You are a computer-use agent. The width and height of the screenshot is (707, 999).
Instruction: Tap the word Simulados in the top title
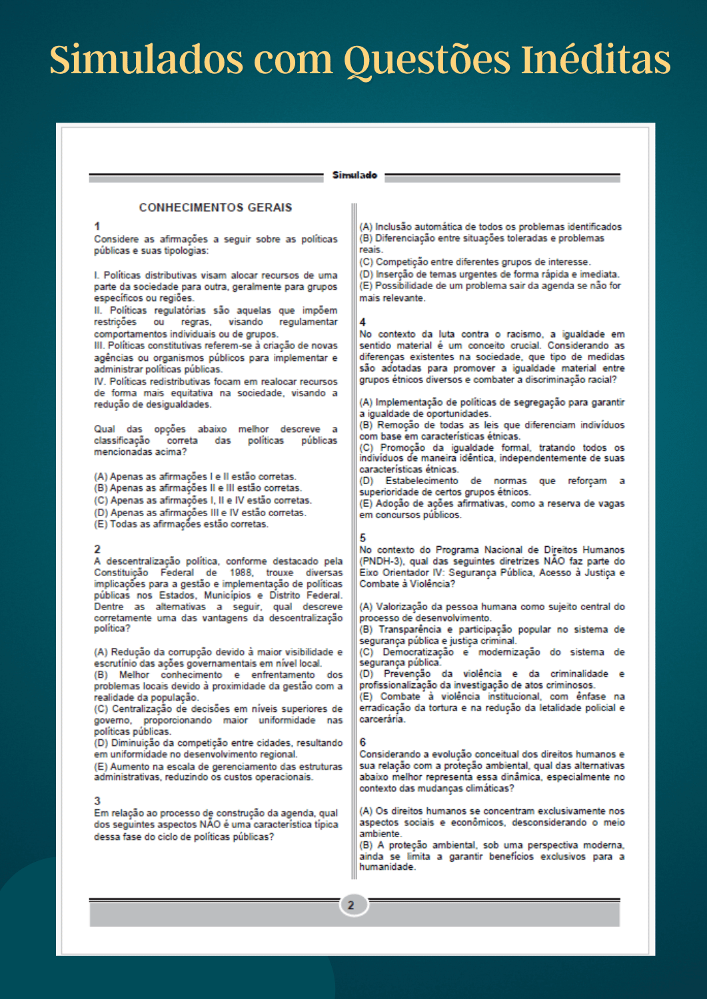(146, 60)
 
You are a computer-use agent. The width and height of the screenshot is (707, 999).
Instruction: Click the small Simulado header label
(354, 175)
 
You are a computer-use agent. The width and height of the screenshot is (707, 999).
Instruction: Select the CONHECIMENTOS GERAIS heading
(215, 208)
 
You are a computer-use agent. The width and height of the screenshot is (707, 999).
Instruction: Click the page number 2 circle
(351, 905)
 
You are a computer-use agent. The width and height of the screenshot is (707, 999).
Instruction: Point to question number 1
(97, 226)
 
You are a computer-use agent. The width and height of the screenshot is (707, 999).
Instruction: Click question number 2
(97, 549)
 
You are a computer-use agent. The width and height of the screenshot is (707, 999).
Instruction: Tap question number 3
(97, 801)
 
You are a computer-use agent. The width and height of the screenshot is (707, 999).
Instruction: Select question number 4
(362, 322)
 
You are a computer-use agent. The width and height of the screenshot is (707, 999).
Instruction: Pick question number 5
(362, 537)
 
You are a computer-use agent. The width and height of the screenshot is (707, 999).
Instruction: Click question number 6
(362, 742)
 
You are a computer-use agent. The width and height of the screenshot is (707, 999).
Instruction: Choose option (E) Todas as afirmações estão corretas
(181, 525)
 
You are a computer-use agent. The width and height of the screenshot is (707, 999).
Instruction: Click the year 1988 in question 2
(241, 573)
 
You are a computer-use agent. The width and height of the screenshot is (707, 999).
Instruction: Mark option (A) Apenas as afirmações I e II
(195, 477)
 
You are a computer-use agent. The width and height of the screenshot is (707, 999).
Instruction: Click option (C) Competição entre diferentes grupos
(474, 262)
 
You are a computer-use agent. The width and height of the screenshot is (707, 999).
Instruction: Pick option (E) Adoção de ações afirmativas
(492, 504)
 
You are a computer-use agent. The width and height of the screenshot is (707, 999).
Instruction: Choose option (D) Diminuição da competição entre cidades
(218, 743)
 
